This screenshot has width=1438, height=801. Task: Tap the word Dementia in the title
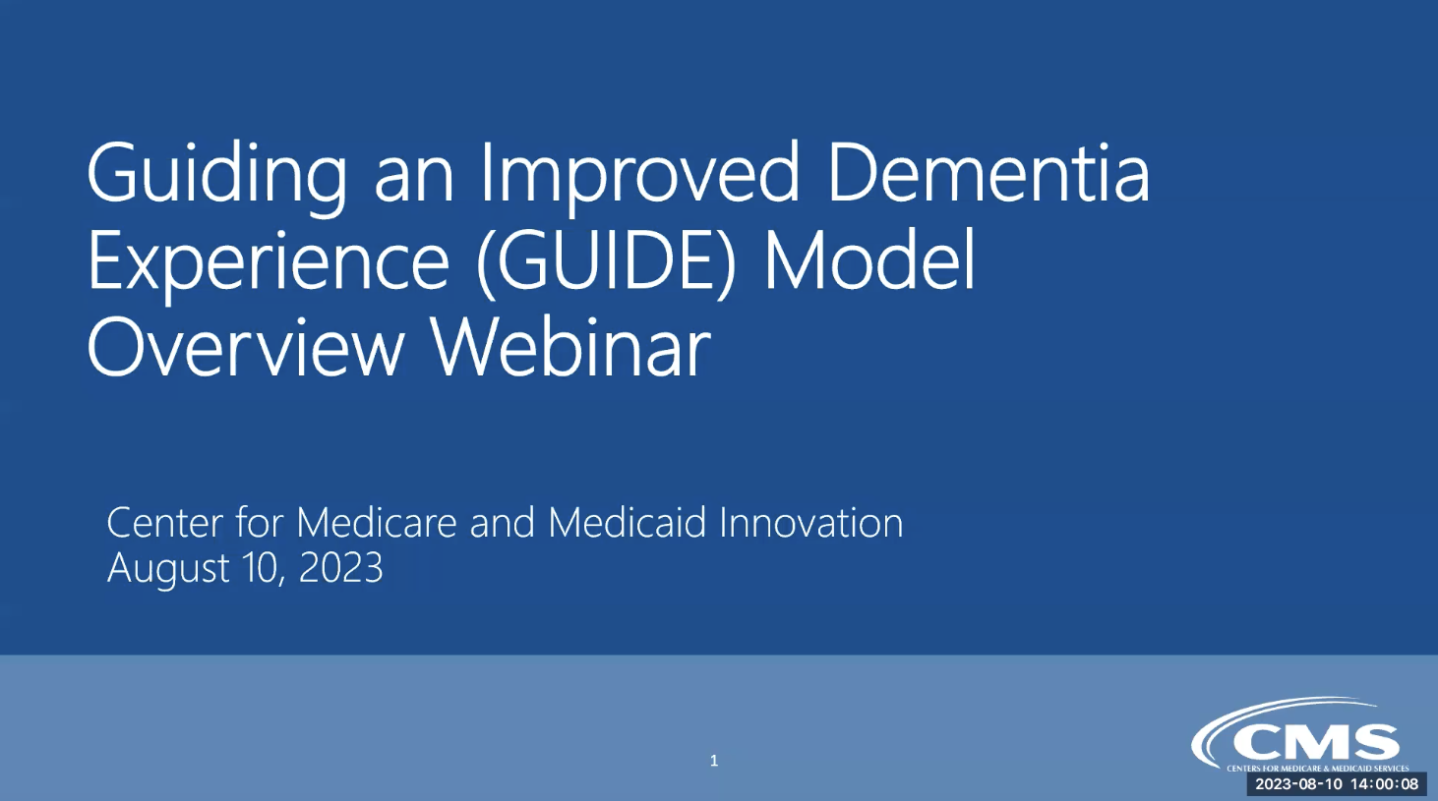tap(989, 172)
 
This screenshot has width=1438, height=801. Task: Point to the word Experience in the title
tap(268, 265)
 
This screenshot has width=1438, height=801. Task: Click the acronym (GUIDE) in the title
tap(605, 263)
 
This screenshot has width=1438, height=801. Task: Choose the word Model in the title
tap(869, 260)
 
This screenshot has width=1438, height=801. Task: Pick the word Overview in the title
tap(245, 348)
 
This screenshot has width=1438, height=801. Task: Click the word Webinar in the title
tap(571, 348)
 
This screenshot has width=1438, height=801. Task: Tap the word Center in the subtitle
tap(164, 523)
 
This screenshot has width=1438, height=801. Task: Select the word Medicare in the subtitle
tap(376, 522)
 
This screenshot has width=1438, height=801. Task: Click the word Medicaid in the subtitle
tap(628, 522)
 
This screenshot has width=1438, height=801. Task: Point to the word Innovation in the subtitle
tap(811, 522)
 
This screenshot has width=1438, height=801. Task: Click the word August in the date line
tap(168, 569)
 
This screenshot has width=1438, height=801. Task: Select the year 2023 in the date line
tap(341, 567)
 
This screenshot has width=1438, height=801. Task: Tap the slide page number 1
tap(714, 761)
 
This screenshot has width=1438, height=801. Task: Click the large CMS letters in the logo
tap(1316, 743)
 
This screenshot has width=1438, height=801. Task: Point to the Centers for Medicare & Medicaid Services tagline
tap(1318, 769)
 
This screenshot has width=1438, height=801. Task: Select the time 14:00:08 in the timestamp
tap(1385, 784)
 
